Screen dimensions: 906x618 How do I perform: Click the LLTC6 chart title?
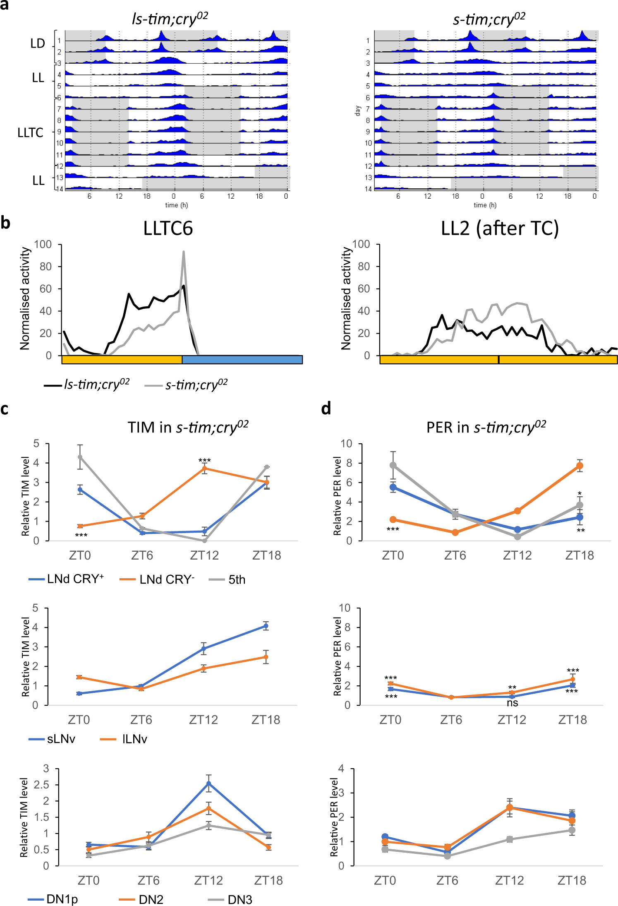click(168, 228)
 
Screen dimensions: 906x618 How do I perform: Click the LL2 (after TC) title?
click(499, 228)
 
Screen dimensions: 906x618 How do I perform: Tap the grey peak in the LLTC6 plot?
click(183, 252)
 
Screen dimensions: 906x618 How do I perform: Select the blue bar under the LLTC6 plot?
click(242, 360)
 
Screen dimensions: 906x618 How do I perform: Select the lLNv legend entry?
click(134, 739)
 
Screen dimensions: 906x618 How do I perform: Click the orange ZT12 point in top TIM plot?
click(204, 469)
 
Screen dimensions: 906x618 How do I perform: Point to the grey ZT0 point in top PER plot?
click(393, 465)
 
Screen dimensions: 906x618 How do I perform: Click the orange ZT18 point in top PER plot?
click(580, 466)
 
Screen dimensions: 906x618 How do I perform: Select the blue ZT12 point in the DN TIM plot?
click(209, 783)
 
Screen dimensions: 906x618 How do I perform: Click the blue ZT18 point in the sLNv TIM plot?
click(266, 626)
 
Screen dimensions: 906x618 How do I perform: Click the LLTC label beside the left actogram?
click(30, 132)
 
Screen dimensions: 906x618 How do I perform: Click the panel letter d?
click(326, 409)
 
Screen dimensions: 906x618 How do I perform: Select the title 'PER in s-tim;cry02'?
click(486, 427)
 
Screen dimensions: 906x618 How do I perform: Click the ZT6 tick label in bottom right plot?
click(447, 880)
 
